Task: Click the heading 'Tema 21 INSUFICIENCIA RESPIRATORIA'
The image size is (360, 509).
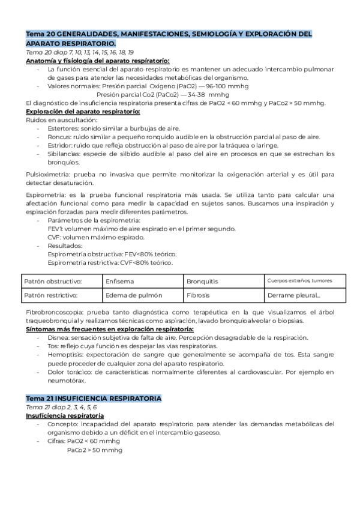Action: pyautogui.click(x=94, y=399)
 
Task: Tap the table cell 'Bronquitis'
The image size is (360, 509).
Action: pyautogui.click(x=202, y=281)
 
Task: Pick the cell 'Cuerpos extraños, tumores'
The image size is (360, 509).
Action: pyautogui.click(x=299, y=280)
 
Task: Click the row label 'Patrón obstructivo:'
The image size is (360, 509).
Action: pyautogui.click(x=53, y=281)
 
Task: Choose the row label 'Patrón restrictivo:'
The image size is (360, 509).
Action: pyautogui.click(x=52, y=295)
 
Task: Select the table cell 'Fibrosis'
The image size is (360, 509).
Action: pyautogui.click(x=198, y=295)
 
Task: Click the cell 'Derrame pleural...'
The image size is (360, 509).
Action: pyautogui.click(x=294, y=295)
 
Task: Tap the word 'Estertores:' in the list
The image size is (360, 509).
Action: pyautogui.click(x=64, y=128)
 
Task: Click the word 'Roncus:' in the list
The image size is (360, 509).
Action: pyautogui.click(x=60, y=137)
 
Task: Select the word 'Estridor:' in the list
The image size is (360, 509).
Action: pyautogui.click(x=61, y=145)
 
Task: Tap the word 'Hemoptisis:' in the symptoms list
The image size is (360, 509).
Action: pyautogui.click(x=65, y=355)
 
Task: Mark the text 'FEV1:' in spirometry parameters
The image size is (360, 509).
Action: pyautogui.click(x=55, y=228)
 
